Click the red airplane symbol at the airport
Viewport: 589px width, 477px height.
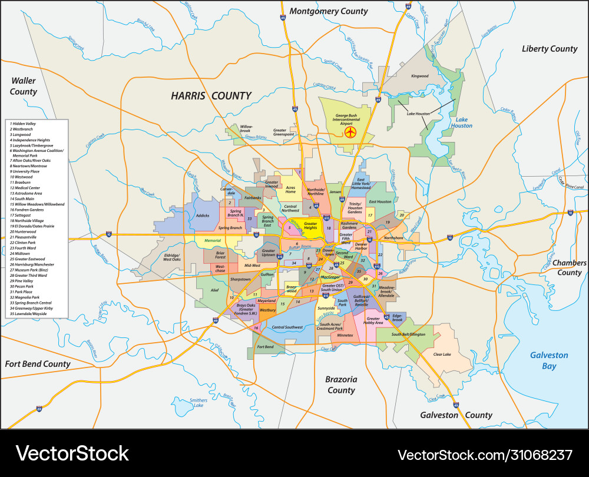click(351, 132)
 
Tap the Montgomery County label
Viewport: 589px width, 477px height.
click(329, 11)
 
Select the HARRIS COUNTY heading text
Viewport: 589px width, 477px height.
click(211, 95)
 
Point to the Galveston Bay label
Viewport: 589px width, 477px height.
click(548, 360)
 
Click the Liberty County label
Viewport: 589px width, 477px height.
click(550, 48)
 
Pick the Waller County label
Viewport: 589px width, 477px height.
click(24, 86)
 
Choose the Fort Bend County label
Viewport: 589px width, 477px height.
click(38, 364)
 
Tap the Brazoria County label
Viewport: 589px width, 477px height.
click(341, 385)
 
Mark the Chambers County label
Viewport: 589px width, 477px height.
click(569, 267)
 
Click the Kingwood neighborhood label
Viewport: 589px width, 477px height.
click(420, 76)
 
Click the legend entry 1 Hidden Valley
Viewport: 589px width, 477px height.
click(22, 124)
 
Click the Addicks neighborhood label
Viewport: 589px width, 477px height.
click(203, 216)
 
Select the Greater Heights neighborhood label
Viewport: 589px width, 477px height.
click(310, 226)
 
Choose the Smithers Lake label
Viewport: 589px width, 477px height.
click(198, 403)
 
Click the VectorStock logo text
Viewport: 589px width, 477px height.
click(72, 453)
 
